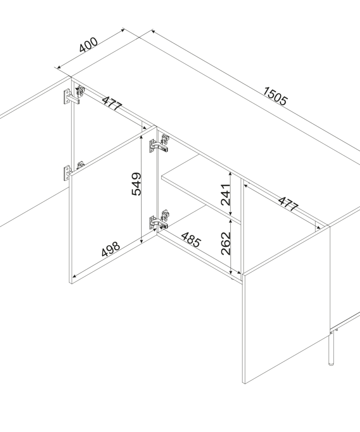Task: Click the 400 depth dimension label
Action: click(88, 45)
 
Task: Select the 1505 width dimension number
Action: click(275, 96)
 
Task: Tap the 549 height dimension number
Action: click(136, 184)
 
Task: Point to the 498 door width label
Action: click(111, 249)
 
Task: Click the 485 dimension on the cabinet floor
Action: click(191, 239)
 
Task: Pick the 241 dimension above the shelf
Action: click(225, 195)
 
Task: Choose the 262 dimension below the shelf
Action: click(225, 243)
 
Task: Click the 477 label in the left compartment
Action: click(112, 103)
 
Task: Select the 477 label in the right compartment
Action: click(288, 203)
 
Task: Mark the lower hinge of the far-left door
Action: click(73, 171)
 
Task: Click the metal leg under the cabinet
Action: click(331, 348)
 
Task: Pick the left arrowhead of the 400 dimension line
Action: click(57, 67)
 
